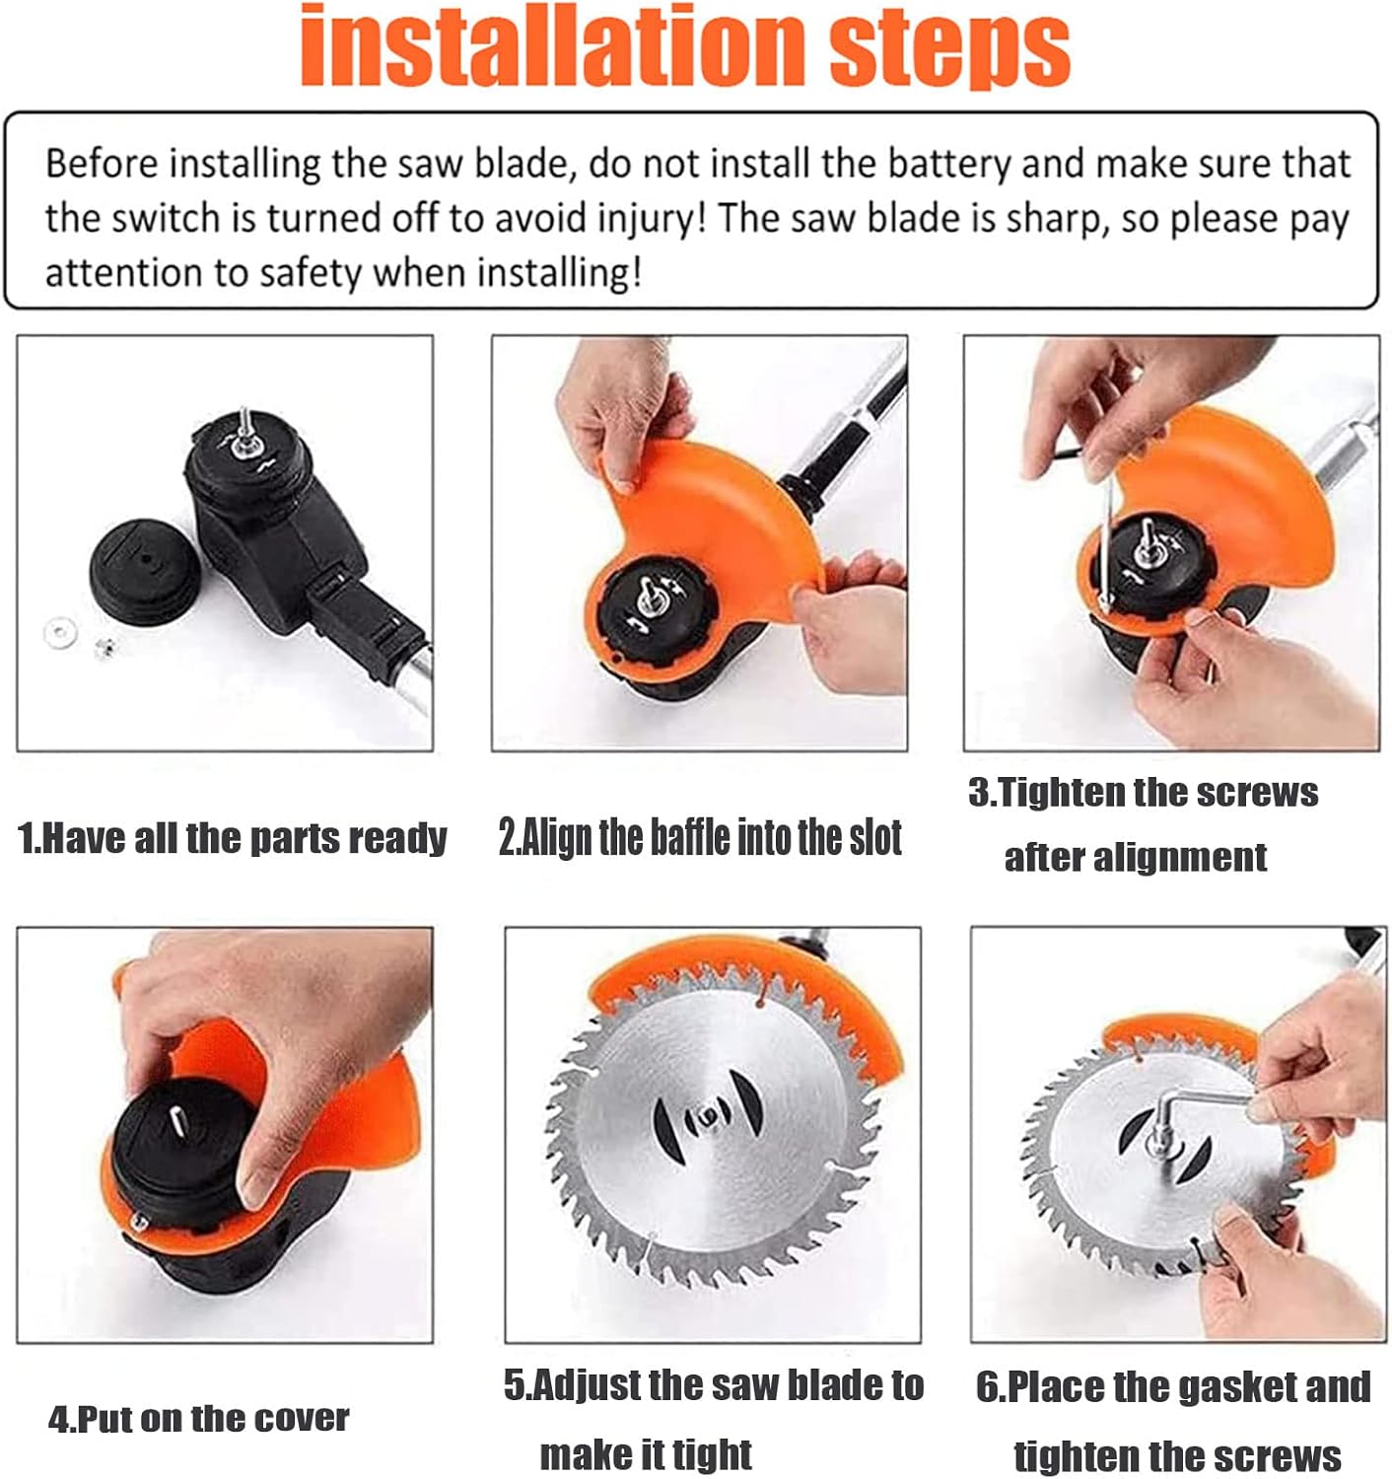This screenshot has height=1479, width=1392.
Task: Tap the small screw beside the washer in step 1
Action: (x=103, y=647)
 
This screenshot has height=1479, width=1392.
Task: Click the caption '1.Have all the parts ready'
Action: (x=232, y=838)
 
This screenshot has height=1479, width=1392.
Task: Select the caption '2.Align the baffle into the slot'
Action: (x=700, y=838)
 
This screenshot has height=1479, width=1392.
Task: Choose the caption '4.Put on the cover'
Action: (x=198, y=1419)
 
